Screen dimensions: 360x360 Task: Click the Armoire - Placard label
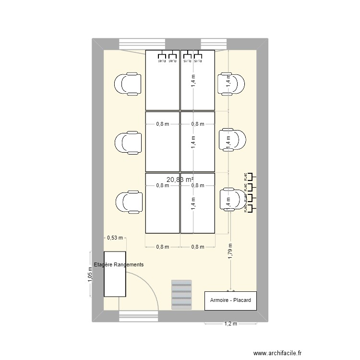click(230, 300)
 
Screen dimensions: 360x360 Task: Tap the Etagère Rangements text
click(119, 264)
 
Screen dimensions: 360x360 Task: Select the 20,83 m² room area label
click(180, 179)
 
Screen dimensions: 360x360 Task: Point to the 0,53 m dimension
click(115, 237)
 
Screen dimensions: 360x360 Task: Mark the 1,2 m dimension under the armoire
click(230, 324)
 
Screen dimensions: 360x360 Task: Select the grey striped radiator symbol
click(181, 294)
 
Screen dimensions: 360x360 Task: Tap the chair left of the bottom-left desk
click(128, 202)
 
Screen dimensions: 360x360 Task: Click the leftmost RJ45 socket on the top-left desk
click(162, 56)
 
